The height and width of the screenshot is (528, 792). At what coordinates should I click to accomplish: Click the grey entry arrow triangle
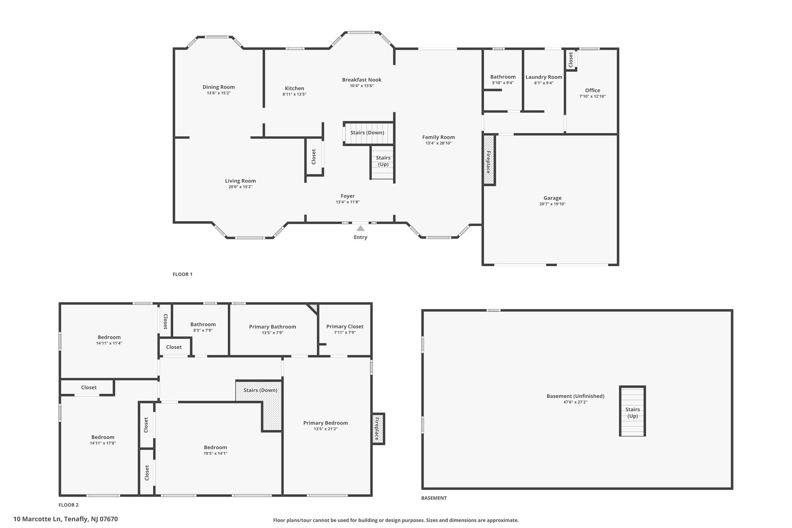click(x=360, y=228)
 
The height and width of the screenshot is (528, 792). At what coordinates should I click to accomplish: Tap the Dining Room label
click(x=218, y=87)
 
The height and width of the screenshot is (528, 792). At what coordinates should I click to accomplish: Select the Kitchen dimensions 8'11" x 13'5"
click(x=294, y=94)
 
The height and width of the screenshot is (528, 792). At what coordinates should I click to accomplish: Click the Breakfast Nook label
click(x=362, y=80)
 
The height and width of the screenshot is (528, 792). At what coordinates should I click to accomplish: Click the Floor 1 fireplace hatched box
click(x=489, y=159)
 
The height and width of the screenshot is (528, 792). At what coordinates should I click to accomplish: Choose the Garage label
click(x=552, y=198)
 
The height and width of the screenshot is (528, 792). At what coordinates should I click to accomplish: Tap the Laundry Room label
click(x=544, y=77)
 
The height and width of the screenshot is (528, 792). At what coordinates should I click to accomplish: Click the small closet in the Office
click(x=571, y=60)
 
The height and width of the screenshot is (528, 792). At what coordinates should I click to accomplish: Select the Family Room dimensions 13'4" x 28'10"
click(x=439, y=143)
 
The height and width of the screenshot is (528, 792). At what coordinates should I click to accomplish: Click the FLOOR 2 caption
click(x=68, y=505)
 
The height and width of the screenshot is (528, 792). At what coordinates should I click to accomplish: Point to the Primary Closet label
click(x=345, y=326)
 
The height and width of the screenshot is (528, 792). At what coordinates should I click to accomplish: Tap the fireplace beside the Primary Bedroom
click(x=378, y=429)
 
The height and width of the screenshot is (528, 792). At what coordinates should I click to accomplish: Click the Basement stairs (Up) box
click(x=632, y=411)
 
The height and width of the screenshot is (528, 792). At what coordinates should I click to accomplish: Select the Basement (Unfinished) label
click(x=575, y=396)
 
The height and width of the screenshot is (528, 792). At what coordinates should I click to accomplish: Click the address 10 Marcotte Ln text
click(x=38, y=519)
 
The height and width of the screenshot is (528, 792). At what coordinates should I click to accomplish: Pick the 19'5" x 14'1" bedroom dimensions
click(x=215, y=453)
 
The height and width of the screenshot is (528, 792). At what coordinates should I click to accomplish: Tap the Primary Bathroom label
click(x=273, y=327)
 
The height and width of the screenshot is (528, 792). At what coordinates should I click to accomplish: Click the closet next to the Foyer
click(x=314, y=156)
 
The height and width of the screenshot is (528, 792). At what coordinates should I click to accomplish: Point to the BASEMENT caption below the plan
click(x=434, y=498)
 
